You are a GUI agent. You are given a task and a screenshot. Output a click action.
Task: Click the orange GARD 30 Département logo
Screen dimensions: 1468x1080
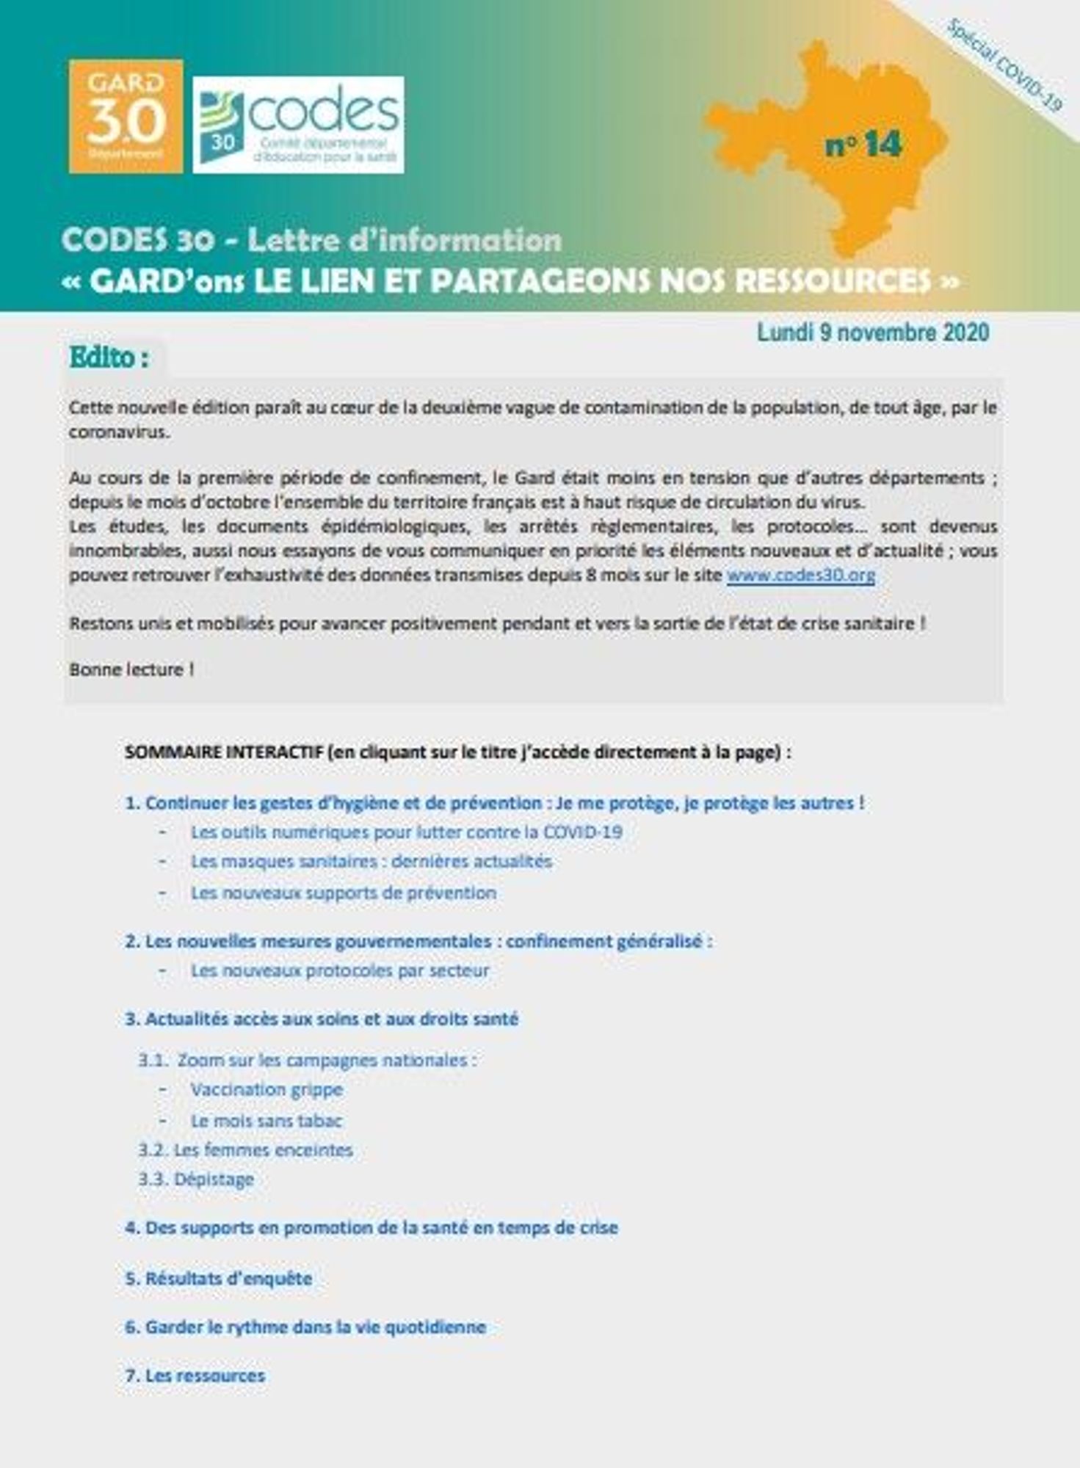point(126,117)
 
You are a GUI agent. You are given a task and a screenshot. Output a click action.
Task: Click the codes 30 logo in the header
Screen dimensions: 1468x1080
point(298,125)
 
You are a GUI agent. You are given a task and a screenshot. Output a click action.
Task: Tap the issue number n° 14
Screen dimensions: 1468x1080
point(863,145)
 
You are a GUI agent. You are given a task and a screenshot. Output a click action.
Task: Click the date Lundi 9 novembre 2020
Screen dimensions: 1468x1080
point(873,333)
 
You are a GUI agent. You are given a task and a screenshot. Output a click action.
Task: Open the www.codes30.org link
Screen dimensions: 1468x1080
point(800,575)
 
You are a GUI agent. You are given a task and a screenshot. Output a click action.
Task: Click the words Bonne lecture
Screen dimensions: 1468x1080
point(131,669)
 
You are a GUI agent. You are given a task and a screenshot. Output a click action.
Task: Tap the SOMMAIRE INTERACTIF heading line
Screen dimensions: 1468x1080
point(457,752)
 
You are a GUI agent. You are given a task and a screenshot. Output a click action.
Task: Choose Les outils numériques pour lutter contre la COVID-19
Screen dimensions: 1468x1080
point(406,832)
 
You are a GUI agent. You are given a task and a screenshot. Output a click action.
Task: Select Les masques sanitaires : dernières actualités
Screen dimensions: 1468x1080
point(371,861)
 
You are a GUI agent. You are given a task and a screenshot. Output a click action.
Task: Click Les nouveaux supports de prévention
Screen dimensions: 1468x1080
point(343,893)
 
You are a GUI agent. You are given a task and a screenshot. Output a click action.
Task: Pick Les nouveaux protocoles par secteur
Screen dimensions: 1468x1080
point(339,970)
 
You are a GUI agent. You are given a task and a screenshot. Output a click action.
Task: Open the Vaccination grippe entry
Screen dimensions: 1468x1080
point(267,1089)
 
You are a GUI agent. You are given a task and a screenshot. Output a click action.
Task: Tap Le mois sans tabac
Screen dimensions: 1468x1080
point(266,1121)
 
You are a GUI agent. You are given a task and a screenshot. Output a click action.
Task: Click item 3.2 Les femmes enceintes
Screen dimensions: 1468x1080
point(245,1149)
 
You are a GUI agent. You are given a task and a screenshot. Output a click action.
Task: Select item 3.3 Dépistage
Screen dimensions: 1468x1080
point(196,1179)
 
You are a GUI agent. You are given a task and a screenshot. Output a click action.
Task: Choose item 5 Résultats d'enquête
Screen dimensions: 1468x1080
point(218,1279)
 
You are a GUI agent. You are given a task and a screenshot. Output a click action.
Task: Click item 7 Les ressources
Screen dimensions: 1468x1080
point(195,1376)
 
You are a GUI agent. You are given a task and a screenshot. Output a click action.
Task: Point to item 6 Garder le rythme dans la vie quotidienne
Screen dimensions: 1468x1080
point(305,1327)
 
